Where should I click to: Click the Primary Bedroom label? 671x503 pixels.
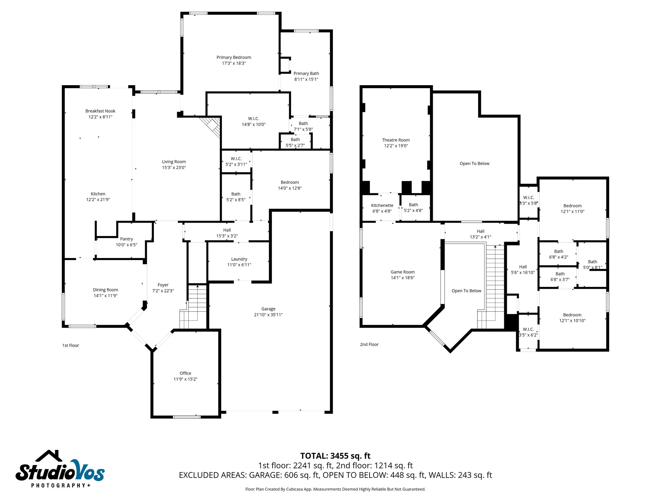pos(234,57)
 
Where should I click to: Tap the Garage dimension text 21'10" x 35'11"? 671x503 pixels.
pos(268,315)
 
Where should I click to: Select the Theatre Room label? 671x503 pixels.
pos(396,140)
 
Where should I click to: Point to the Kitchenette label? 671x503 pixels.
pos(382,205)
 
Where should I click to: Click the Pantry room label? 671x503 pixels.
pos(126,239)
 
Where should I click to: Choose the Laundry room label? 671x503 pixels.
pos(239,259)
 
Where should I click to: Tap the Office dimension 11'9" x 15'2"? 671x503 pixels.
pos(185,379)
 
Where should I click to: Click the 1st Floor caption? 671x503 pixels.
pos(71,345)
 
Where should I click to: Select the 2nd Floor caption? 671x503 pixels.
pos(369,345)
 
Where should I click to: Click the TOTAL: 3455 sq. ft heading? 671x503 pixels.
pos(335,456)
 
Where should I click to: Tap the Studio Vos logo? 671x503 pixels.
pos(60,469)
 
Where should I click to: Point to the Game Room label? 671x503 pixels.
pos(402,272)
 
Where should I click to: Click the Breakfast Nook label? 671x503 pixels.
pos(100,111)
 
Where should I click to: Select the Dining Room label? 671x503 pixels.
pos(105,290)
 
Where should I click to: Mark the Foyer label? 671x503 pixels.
pos(163,285)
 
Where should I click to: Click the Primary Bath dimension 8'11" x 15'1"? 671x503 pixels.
pos(306,79)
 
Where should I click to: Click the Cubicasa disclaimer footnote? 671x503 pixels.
pos(335,489)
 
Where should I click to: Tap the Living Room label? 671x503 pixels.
pos(174,162)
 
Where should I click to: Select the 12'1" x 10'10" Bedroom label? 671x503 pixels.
pos(572,315)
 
